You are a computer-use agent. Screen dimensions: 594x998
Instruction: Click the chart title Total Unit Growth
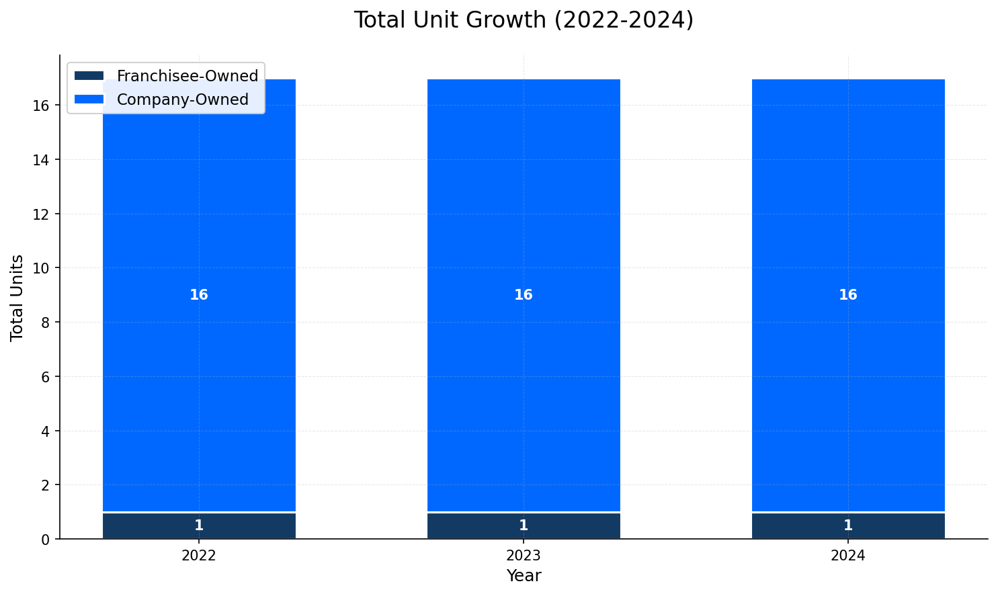[524, 20]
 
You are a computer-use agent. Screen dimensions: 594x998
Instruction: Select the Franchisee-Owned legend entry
[187, 76]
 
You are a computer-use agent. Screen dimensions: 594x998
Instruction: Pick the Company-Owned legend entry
[182, 99]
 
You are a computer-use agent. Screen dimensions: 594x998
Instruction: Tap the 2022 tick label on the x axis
[199, 556]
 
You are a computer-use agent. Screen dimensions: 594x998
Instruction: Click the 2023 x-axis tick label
[524, 556]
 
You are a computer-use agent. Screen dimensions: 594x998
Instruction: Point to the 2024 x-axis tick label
[848, 556]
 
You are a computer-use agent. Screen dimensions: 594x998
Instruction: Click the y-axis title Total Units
[17, 298]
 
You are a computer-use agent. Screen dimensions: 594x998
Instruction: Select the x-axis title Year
[524, 576]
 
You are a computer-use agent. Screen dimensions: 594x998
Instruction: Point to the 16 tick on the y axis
[45, 105]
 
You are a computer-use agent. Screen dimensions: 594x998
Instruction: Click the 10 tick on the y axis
[45, 268]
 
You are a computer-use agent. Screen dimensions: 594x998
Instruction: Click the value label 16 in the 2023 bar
[524, 295]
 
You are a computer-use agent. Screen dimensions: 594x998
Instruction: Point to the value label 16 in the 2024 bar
[848, 295]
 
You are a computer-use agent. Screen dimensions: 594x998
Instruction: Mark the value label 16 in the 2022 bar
[199, 295]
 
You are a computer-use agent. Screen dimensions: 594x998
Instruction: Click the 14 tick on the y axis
[45, 160]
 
